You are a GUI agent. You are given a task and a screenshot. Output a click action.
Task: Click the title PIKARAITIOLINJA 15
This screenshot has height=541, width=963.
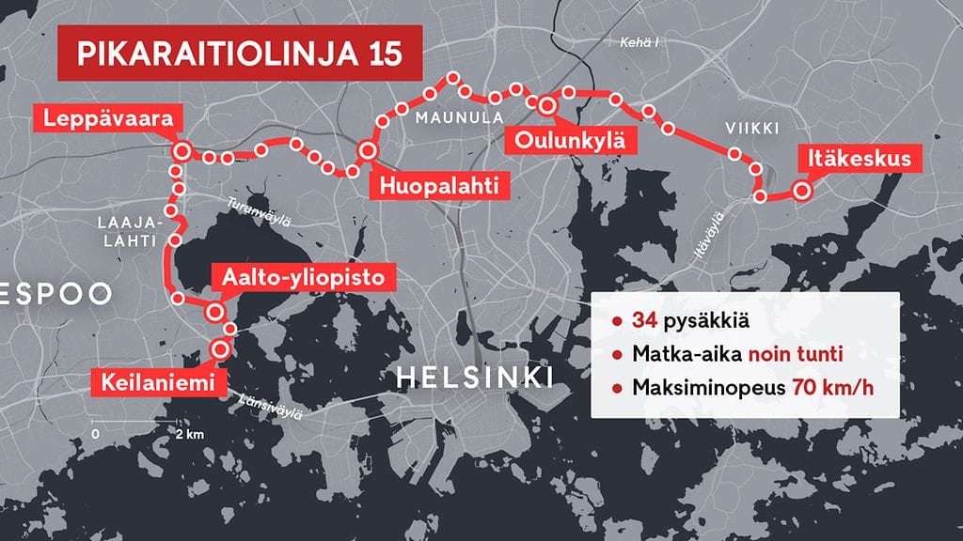click(x=240, y=54)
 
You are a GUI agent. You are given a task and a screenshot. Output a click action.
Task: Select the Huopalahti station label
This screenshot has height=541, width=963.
click(x=437, y=185)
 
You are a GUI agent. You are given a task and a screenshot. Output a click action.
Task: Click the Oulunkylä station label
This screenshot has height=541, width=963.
click(x=568, y=141)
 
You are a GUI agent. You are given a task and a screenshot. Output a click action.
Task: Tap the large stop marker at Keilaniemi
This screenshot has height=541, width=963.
click(x=221, y=348)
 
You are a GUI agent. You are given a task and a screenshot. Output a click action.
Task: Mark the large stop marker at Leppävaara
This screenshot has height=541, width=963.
click(x=182, y=150)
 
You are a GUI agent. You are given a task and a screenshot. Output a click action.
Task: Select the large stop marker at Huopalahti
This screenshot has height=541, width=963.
click(x=368, y=150)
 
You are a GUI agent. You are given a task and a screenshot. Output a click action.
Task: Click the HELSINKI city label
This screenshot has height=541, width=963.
click(x=475, y=378)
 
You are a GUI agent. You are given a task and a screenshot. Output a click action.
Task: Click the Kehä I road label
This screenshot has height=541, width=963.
click(x=638, y=42)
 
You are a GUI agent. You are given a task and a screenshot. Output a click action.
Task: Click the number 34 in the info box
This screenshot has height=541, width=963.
click(x=644, y=321)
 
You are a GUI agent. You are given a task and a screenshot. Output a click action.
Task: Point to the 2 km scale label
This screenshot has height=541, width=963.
click(x=189, y=435)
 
